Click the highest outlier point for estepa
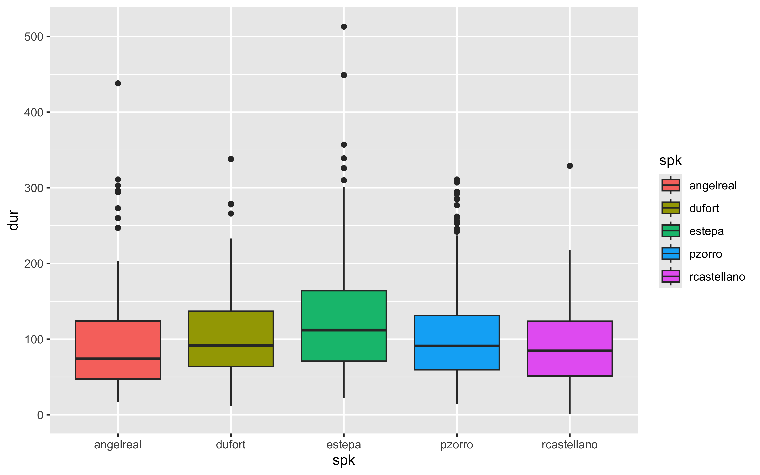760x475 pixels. click(x=344, y=27)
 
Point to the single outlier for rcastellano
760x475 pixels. click(x=570, y=166)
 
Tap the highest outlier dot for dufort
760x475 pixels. click(x=231, y=159)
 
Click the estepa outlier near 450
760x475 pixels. click(x=344, y=75)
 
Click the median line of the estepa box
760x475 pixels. click(x=344, y=330)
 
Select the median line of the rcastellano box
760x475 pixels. click(x=570, y=351)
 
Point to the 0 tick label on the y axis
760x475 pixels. click(x=40, y=415)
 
